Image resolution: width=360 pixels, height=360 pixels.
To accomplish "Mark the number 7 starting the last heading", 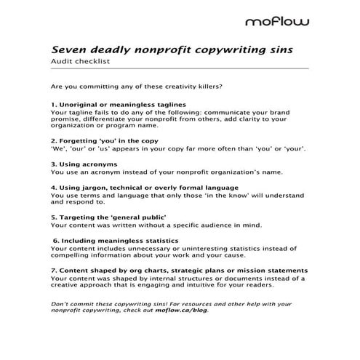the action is coord(53,270).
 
